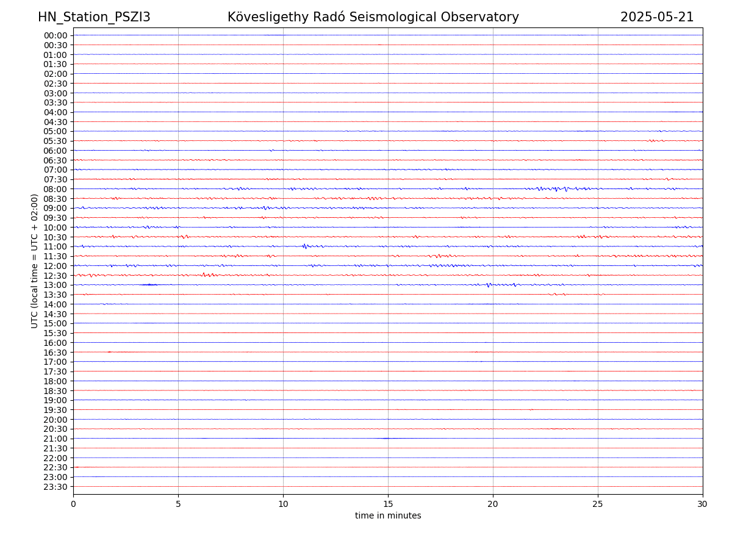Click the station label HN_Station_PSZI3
click(x=94, y=17)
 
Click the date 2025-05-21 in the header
click(x=657, y=17)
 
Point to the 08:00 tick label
click(x=55, y=189)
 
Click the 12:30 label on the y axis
click(x=55, y=276)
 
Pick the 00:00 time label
click(x=55, y=35)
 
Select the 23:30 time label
click(x=55, y=487)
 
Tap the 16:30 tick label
click(x=55, y=353)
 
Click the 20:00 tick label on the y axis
click(x=55, y=420)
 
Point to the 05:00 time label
click(x=55, y=131)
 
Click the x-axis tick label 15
click(x=388, y=504)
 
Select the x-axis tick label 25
click(x=598, y=504)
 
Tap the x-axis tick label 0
click(x=73, y=504)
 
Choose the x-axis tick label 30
click(x=703, y=504)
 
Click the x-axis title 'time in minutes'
click(x=388, y=516)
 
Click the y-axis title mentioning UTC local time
click(x=35, y=261)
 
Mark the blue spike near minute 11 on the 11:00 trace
click(x=304, y=246)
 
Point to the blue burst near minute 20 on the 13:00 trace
click(x=488, y=285)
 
